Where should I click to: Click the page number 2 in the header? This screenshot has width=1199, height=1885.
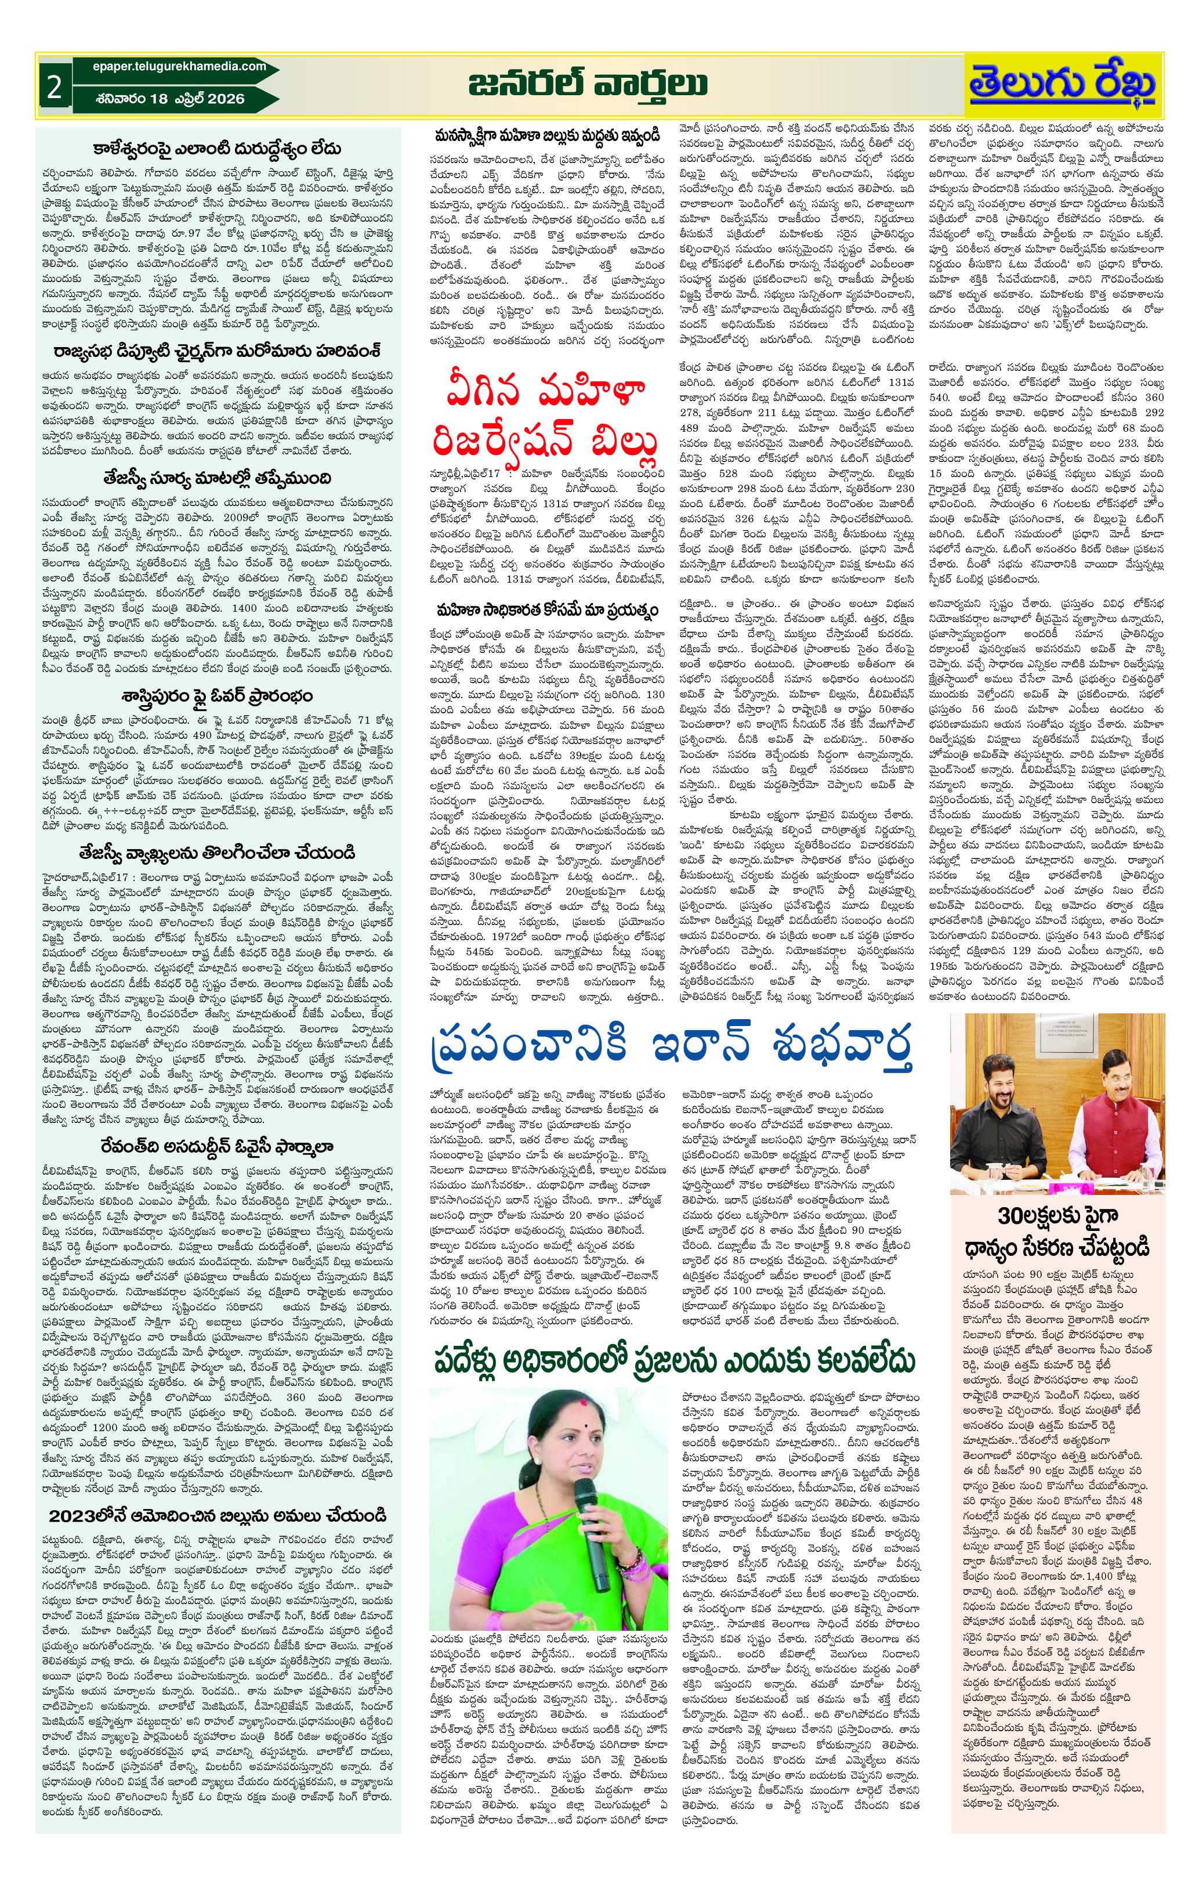point(53,87)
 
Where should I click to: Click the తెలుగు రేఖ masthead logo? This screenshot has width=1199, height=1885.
point(1062,85)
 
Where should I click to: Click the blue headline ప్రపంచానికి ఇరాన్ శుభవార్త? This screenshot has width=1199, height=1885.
point(672,1045)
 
